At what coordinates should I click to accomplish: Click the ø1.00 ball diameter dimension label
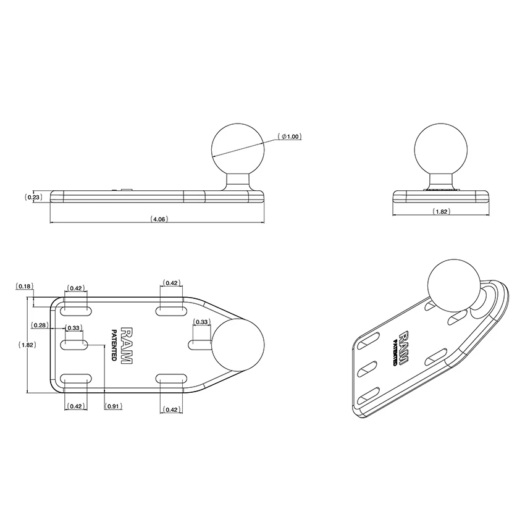click(x=290, y=136)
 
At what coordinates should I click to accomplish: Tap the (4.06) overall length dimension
click(x=159, y=219)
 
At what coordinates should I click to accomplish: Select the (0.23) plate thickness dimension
click(x=33, y=197)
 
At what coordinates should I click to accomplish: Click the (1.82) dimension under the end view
click(x=441, y=211)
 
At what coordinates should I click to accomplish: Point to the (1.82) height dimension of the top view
click(x=27, y=345)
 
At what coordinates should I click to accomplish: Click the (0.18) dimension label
click(x=24, y=286)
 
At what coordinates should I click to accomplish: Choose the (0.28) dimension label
click(x=40, y=325)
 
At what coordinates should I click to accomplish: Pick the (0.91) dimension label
click(x=113, y=406)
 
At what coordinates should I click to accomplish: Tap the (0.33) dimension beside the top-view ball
click(x=201, y=322)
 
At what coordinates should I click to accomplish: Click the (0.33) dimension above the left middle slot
click(x=73, y=328)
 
